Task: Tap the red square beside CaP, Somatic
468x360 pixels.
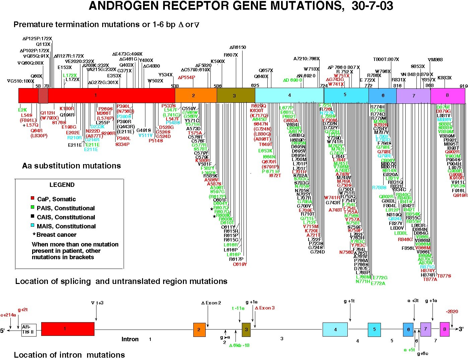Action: [x=32, y=199]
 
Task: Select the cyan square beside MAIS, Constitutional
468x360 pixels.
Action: [x=32, y=226]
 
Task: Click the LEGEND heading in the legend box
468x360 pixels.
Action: [x=62, y=185]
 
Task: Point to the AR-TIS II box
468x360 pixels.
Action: [x=29, y=330]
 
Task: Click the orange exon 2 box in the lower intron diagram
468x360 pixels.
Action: [x=199, y=330]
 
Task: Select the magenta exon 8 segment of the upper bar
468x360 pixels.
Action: [x=447, y=95]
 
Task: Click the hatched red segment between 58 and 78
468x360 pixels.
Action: [x=43, y=95]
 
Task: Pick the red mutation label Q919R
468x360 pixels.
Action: [x=460, y=195]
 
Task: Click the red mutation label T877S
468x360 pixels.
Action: [x=444, y=276]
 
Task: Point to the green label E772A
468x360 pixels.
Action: [x=379, y=283]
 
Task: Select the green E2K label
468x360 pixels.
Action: [x=22, y=110]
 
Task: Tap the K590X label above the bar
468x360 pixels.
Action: [x=218, y=62]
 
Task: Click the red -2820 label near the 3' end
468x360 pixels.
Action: [x=452, y=311]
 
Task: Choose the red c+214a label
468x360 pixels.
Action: [x=8, y=315]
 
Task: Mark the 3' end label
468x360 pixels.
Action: [x=461, y=329]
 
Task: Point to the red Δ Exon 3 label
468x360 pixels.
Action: [x=265, y=308]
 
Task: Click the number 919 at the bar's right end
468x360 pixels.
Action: [x=463, y=86]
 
